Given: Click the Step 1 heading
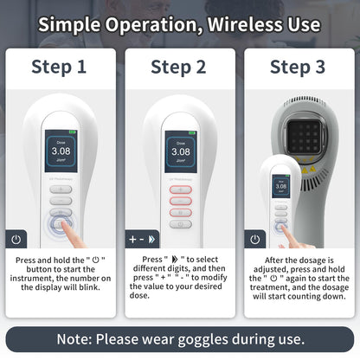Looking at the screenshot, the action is point(59,67).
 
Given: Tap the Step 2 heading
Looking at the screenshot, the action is point(178,67).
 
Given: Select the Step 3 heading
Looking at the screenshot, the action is point(298,67).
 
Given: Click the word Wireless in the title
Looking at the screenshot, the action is point(245,24).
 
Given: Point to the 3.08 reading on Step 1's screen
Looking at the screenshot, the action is point(61,151).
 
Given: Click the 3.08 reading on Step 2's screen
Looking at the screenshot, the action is point(181,151).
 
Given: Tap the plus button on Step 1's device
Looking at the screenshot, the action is point(61,190).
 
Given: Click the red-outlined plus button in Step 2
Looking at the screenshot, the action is point(181,190).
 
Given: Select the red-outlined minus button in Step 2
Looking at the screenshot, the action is point(181,201).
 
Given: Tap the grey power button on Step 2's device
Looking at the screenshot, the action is point(181,224).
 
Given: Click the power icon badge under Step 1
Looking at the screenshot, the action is point(16,239).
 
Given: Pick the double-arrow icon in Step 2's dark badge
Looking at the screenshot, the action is point(151,239).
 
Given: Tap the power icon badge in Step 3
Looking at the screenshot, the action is point(255,239).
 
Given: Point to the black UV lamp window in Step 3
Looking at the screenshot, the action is point(305,137).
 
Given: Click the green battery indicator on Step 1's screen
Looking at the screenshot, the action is point(73,132).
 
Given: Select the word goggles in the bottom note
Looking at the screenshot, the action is point(203,339).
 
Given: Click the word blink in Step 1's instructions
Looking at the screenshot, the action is point(88,287).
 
